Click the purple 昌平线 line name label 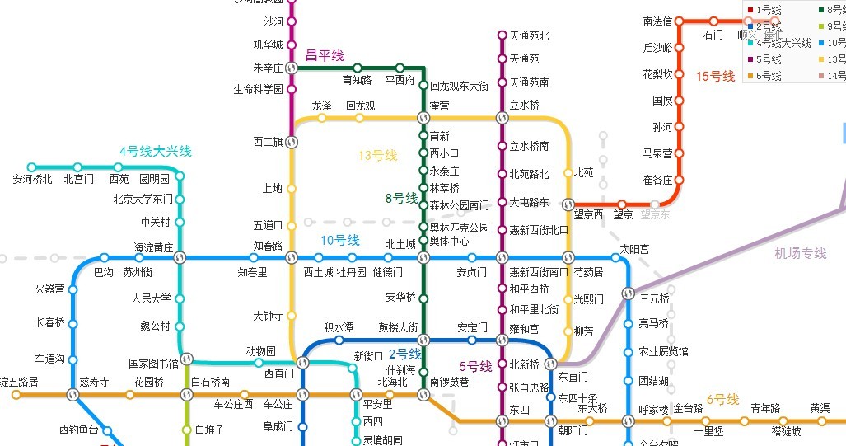(x=325, y=55)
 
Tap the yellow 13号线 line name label (x=377, y=155)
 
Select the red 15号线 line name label (x=715, y=77)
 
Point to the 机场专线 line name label (x=800, y=253)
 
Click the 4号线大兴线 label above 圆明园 (x=155, y=151)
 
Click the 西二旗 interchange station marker (x=291, y=142)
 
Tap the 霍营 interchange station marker (x=423, y=117)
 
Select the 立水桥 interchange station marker (x=502, y=117)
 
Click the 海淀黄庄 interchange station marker (x=180, y=258)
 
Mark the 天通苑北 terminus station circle (x=502, y=35)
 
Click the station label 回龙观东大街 (x=459, y=86)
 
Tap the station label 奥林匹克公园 (x=459, y=228)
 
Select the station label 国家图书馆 (x=153, y=363)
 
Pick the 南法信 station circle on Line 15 (x=680, y=21)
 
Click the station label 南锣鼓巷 (x=449, y=382)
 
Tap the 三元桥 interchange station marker (x=628, y=293)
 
